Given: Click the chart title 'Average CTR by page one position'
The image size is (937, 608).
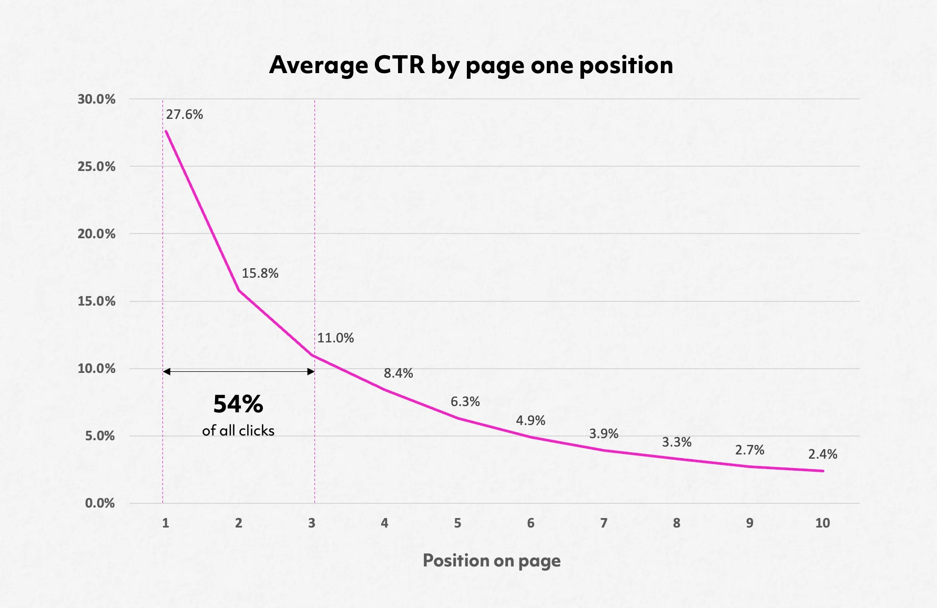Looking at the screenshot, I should (471, 65).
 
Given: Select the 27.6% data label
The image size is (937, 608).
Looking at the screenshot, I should (185, 115).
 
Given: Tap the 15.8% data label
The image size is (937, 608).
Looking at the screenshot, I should (260, 273).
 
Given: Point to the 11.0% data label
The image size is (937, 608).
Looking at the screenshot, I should (335, 338).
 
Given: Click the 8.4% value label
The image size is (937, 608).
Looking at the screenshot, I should (398, 373).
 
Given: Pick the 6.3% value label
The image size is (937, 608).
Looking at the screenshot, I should (465, 402).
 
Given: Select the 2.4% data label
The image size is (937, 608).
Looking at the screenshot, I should (822, 454).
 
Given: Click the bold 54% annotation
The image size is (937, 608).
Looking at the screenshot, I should (238, 404).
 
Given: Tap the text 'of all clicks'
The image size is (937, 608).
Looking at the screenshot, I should (238, 431).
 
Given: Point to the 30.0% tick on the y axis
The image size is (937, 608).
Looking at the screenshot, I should (96, 99).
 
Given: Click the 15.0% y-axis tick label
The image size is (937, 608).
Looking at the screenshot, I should (96, 301).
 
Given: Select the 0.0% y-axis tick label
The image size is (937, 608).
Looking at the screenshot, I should (100, 503).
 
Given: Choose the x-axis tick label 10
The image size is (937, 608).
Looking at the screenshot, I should (822, 523).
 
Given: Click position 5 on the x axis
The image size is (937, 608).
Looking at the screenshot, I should (457, 523).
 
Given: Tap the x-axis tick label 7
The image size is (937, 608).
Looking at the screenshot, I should (604, 523).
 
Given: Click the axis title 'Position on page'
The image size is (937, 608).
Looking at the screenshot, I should (492, 561).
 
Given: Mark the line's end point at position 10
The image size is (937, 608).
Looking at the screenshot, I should (823, 471).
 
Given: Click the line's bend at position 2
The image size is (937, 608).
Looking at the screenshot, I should (239, 290).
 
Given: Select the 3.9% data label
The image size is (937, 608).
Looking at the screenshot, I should (604, 433).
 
